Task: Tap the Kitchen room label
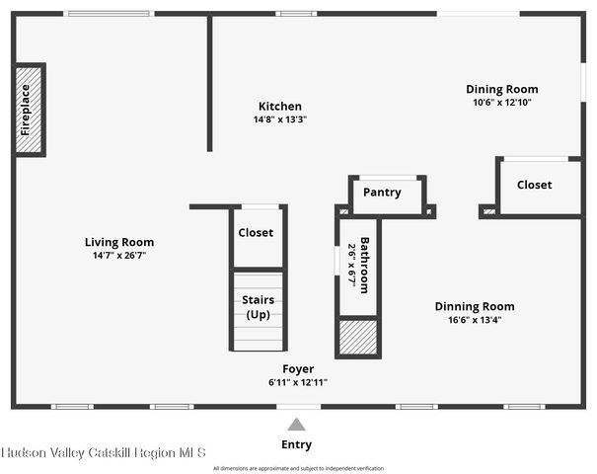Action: (x=280, y=107)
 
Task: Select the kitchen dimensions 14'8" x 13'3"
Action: (x=280, y=119)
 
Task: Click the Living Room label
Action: (x=118, y=242)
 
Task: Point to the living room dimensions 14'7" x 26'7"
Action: (x=118, y=256)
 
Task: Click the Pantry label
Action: (x=381, y=192)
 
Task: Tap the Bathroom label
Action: (x=364, y=265)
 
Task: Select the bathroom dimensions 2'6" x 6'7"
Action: (x=350, y=265)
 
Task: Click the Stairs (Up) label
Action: (x=258, y=307)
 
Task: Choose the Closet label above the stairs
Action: (x=256, y=233)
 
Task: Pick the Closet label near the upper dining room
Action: (x=534, y=185)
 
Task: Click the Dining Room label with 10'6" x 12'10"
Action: (x=502, y=89)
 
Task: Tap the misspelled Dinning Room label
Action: (x=475, y=306)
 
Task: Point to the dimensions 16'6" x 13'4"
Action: (x=475, y=319)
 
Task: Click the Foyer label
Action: (x=297, y=369)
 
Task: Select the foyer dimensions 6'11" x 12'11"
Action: (x=297, y=382)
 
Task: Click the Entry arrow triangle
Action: (x=297, y=423)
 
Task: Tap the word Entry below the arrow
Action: (x=297, y=445)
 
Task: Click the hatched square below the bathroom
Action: (x=358, y=337)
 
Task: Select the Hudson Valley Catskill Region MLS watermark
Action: (x=104, y=452)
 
